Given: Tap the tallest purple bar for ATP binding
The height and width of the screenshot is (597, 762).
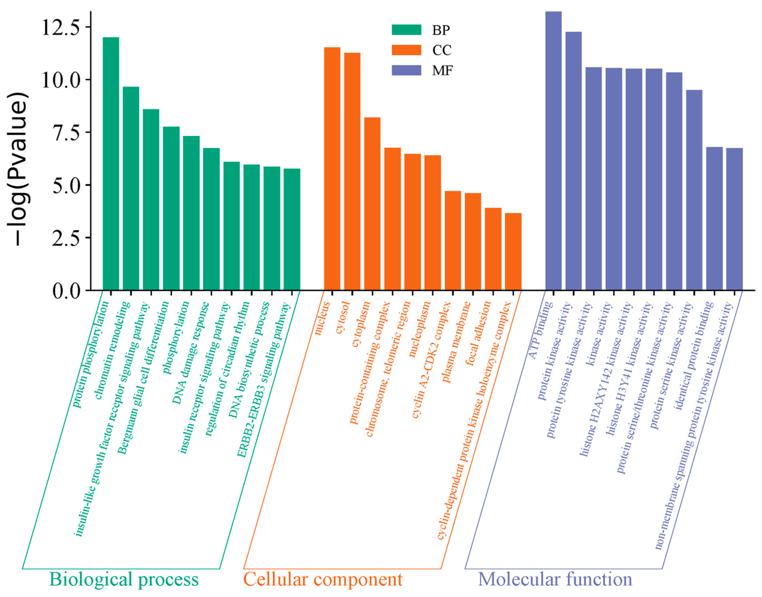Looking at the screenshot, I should [553, 150].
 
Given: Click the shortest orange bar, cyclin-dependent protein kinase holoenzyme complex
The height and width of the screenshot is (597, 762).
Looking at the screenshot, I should [513, 251].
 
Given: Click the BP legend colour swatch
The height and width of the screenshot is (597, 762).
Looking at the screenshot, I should [406, 30].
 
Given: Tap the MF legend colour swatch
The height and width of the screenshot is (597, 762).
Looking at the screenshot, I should [406, 70].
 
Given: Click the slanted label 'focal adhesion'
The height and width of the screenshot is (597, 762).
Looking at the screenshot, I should [479, 334].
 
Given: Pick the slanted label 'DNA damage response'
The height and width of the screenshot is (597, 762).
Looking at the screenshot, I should [191, 353].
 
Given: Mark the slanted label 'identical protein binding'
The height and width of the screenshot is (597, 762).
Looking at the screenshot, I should [694, 355].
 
